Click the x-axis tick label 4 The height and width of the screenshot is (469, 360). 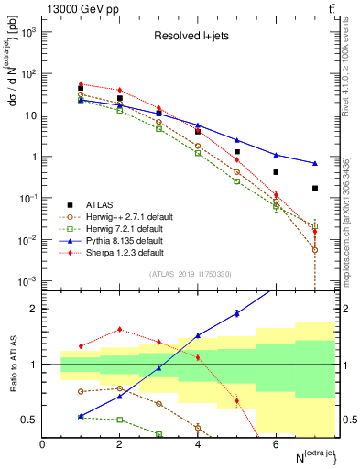[198, 444]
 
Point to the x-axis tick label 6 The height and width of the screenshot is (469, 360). [276, 444]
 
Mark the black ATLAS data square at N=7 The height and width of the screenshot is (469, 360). [315, 189]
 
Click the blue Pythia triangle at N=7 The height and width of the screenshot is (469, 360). [315, 163]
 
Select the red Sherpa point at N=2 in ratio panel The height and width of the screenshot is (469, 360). [120, 330]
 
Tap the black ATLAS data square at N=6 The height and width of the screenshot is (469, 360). [276, 172]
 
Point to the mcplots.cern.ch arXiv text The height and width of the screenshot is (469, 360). [352, 215]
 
